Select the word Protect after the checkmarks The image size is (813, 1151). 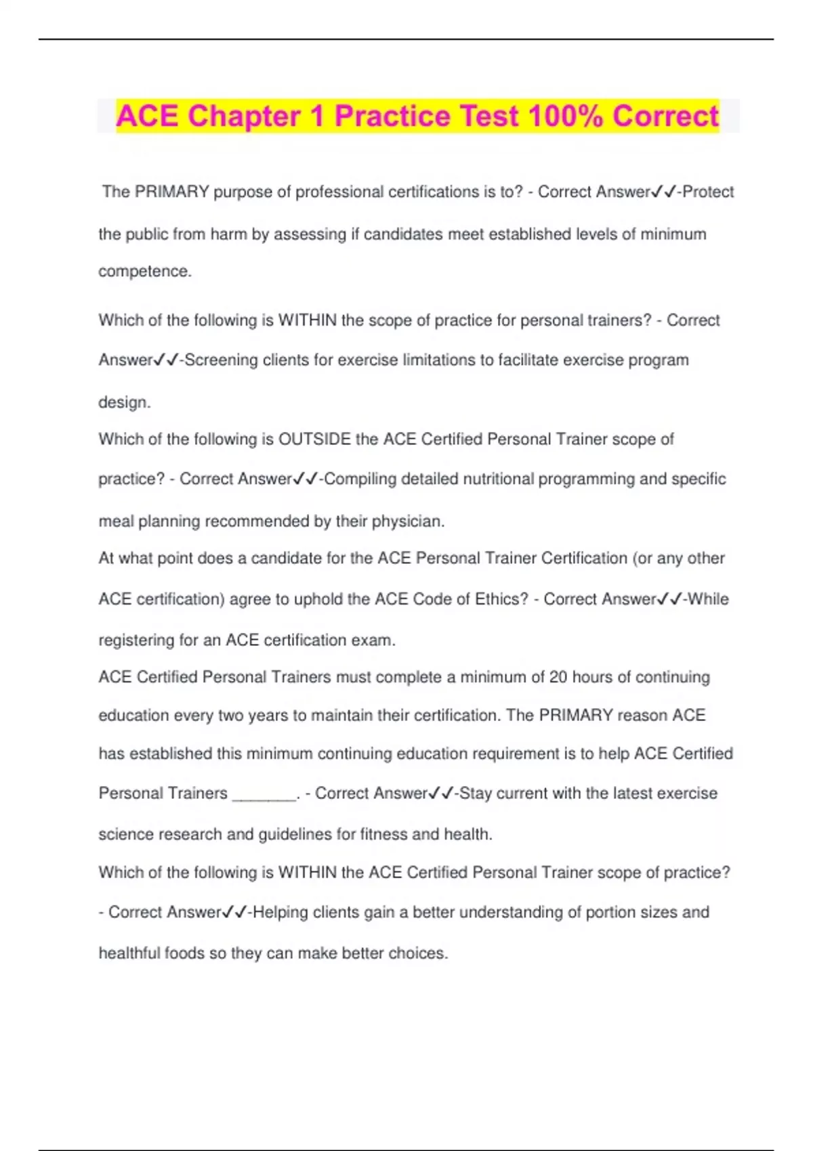(x=709, y=192)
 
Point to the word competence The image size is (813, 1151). (x=144, y=272)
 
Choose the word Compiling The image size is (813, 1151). (x=360, y=479)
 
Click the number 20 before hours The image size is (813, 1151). (x=558, y=678)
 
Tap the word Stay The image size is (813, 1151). (x=476, y=794)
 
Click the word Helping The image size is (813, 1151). (x=280, y=913)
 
